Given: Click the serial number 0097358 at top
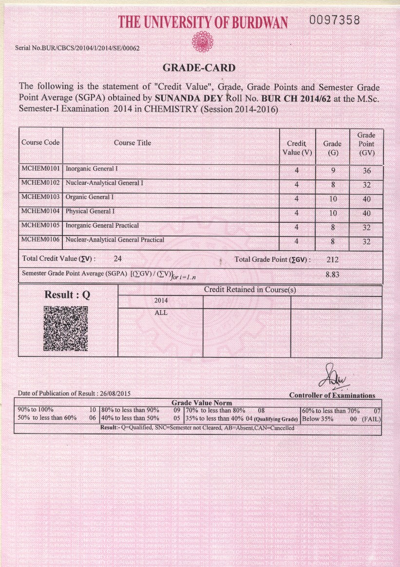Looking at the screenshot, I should [x=335, y=20].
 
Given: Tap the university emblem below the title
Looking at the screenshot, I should [x=203, y=41].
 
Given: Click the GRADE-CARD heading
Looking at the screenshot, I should [x=198, y=68].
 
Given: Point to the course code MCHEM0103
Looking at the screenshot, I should [x=40, y=197].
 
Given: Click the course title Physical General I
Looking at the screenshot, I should [x=90, y=211].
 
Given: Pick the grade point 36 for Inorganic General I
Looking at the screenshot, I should [x=366, y=171].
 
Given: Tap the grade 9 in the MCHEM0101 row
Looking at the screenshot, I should [x=332, y=171].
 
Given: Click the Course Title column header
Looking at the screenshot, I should [x=133, y=143].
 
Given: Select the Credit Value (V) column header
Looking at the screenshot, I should [x=297, y=148].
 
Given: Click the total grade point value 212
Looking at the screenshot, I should [x=333, y=259].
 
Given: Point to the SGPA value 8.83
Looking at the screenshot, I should [x=332, y=274].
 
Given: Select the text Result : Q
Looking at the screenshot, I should [x=67, y=295].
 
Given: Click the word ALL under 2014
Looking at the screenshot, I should [x=161, y=313].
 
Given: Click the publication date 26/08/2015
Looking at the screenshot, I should [x=114, y=393].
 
